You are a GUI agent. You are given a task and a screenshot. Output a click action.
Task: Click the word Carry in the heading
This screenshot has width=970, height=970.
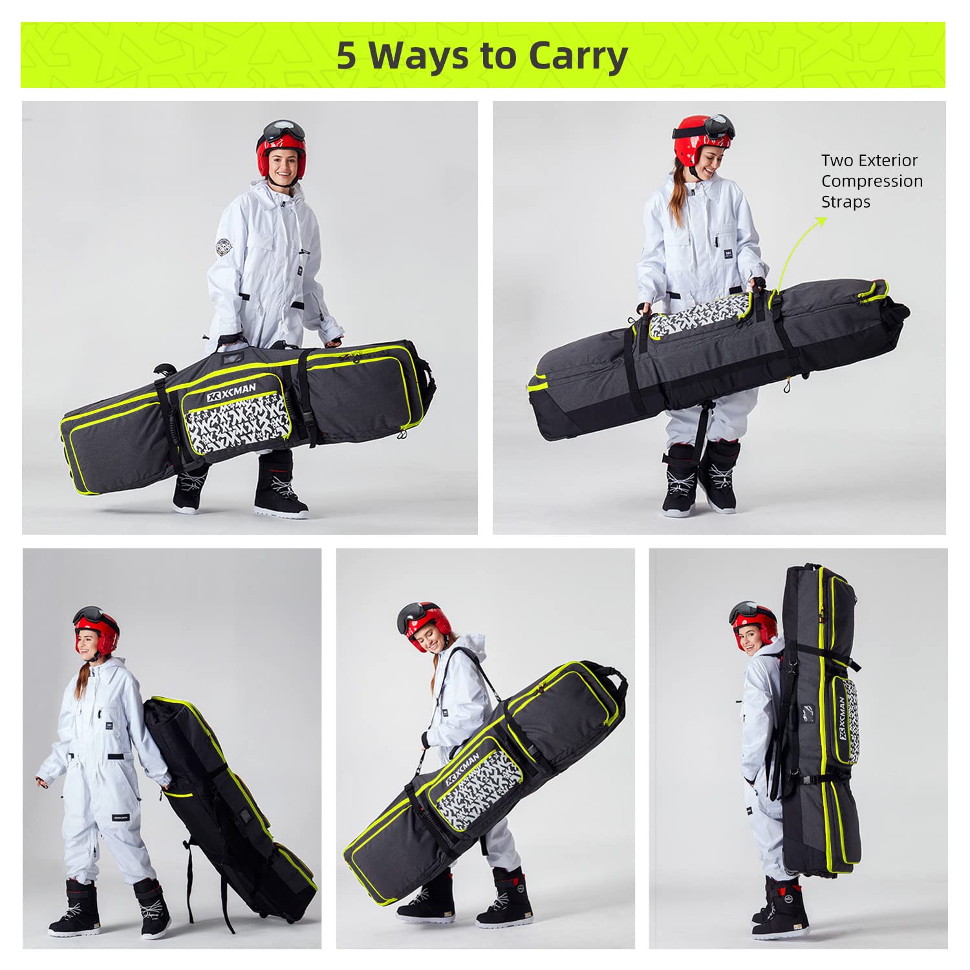click(577, 56)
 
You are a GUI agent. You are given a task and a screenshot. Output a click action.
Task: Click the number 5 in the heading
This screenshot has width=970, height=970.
click(347, 56)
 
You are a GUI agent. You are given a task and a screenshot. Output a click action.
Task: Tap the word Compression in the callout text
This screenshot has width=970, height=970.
click(872, 181)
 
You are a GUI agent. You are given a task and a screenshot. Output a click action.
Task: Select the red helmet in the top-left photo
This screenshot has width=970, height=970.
click(280, 155)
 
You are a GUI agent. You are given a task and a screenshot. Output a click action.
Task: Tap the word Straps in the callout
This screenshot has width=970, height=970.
click(846, 202)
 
